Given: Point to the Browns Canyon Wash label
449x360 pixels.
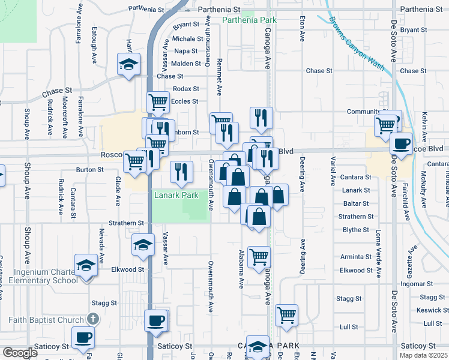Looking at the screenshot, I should (356, 43).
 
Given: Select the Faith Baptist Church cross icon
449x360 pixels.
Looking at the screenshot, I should (92, 319).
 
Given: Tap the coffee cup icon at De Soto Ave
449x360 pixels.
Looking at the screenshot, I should (400, 144).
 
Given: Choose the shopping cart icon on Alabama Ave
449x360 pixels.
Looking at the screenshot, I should (259, 256).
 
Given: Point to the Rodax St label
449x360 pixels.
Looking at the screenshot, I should (185, 89).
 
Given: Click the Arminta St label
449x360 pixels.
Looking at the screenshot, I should (357, 257).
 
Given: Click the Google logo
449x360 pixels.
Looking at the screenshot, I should (19, 353).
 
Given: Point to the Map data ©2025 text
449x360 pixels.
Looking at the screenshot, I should (424, 355).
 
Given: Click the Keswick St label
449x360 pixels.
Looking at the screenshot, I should (432, 310).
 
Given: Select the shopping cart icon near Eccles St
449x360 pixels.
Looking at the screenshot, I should (158, 101).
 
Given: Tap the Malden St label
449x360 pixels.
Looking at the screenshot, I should (185, 64).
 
